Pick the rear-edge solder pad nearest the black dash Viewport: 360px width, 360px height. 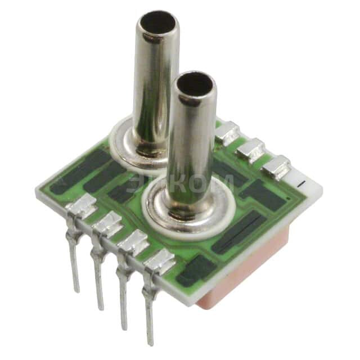pos(276,165)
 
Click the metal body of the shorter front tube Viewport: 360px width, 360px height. pos(191,146)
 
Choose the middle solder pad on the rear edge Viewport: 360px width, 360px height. pos(251,148)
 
